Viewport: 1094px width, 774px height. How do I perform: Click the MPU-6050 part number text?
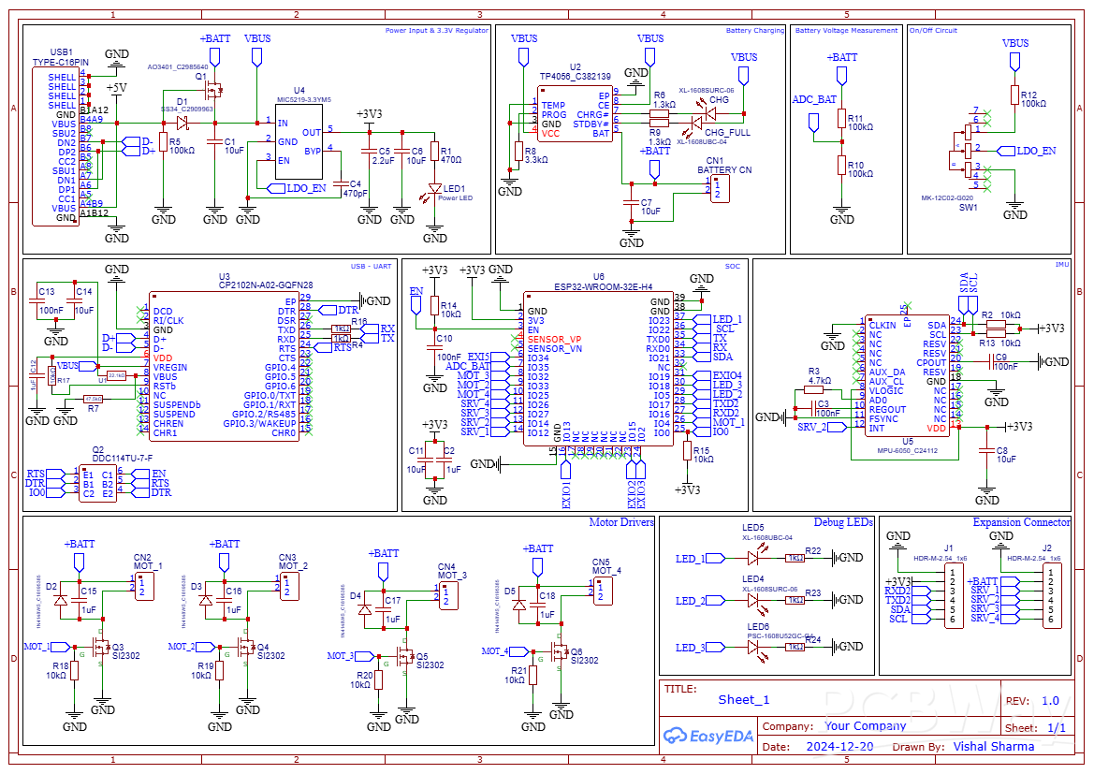point(908,450)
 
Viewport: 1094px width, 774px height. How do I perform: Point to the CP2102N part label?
point(266,286)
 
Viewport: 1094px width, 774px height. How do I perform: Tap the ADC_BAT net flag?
point(814,99)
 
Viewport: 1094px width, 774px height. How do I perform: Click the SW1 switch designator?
point(969,208)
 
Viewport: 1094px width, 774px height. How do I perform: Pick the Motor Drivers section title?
point(621,522)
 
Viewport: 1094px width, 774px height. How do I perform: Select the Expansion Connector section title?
point(1021,522)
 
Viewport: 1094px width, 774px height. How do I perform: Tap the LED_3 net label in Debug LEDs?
point(691,648)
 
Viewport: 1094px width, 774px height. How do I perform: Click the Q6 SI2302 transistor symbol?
point(561,651)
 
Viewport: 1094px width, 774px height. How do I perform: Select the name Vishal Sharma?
point(993,747)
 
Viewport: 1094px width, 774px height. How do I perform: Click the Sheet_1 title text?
point(743,700)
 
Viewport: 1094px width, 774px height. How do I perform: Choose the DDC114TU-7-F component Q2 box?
point(97,484)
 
